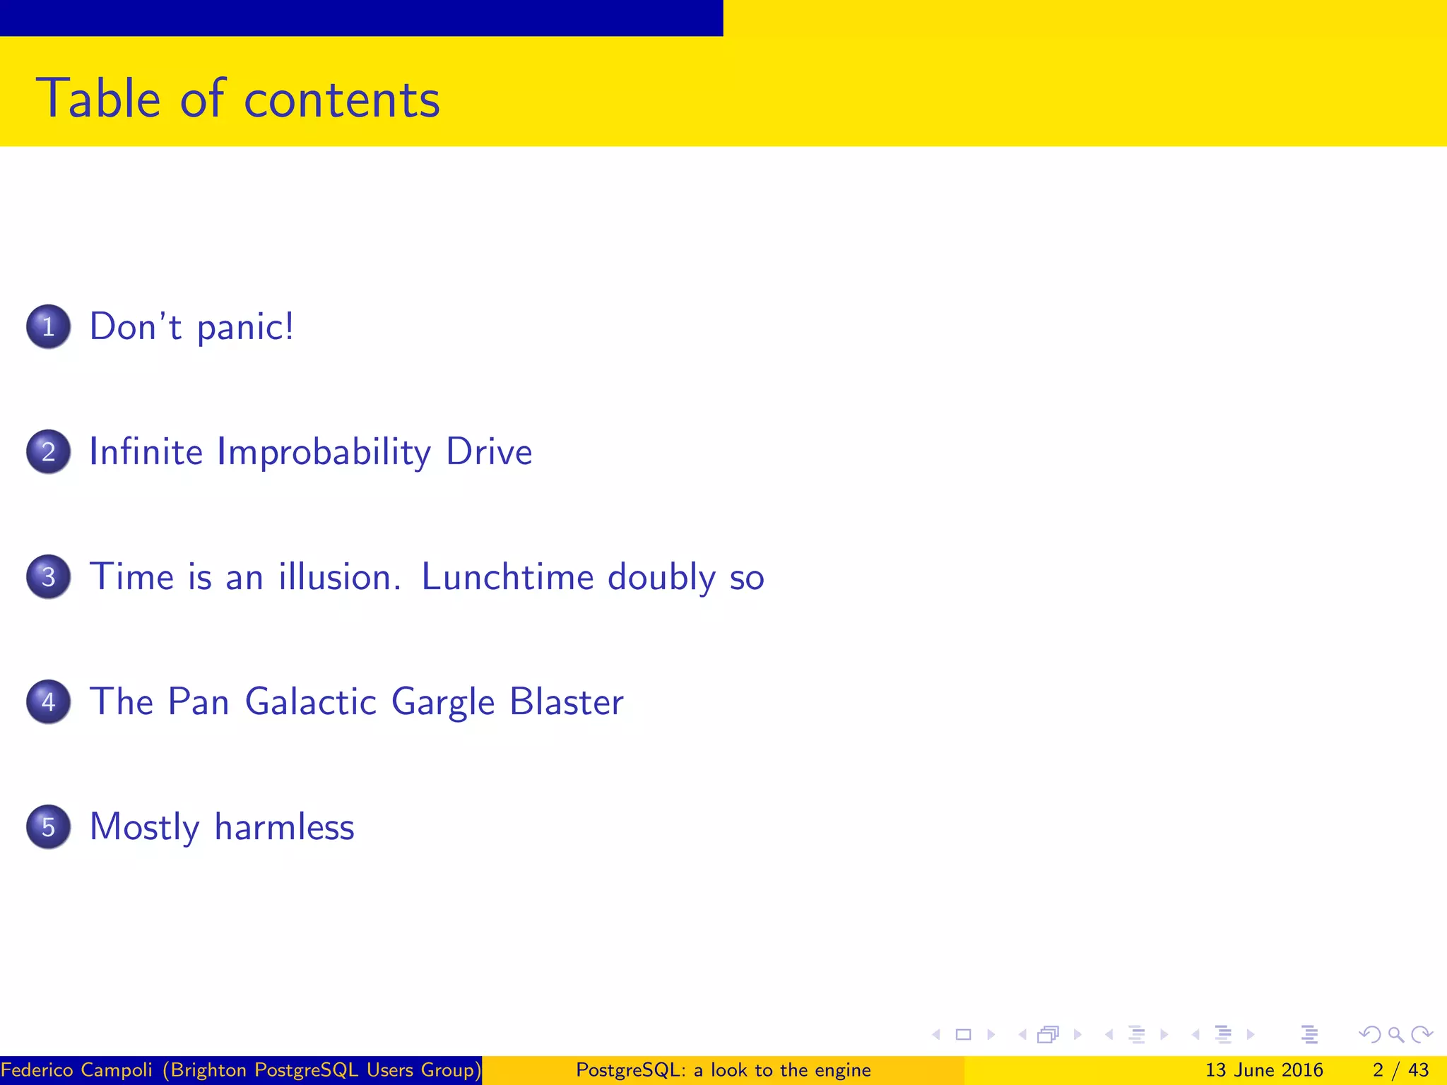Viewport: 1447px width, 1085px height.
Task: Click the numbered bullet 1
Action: [x=48, y=326]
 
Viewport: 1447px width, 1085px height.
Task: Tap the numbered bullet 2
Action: [x=48, y=451]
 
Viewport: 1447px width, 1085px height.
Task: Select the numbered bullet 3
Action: [x=48, y=576]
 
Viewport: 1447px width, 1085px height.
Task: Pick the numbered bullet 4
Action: [x=48, y=701]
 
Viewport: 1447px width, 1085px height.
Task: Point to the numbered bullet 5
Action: [x=48, y=826]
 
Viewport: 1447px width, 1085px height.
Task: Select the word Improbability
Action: [x=324, y=453]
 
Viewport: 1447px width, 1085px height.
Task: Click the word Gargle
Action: [x=443, y=703]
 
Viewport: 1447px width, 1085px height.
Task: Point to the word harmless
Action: [x=284, y=826]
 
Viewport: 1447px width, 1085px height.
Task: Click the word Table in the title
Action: [x=98, y=98]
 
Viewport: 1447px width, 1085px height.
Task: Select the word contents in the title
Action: [x=342, y=100]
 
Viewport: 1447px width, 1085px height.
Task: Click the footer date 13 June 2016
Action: [x=1263, y=1070]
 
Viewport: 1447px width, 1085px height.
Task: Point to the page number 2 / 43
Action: [x=1400, y=1070]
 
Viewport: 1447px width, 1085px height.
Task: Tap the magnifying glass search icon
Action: [x=1395, y=1035]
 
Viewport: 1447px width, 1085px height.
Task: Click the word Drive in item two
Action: [x=489, y=451]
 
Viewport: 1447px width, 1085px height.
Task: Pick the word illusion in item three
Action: [x=335, y=576]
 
